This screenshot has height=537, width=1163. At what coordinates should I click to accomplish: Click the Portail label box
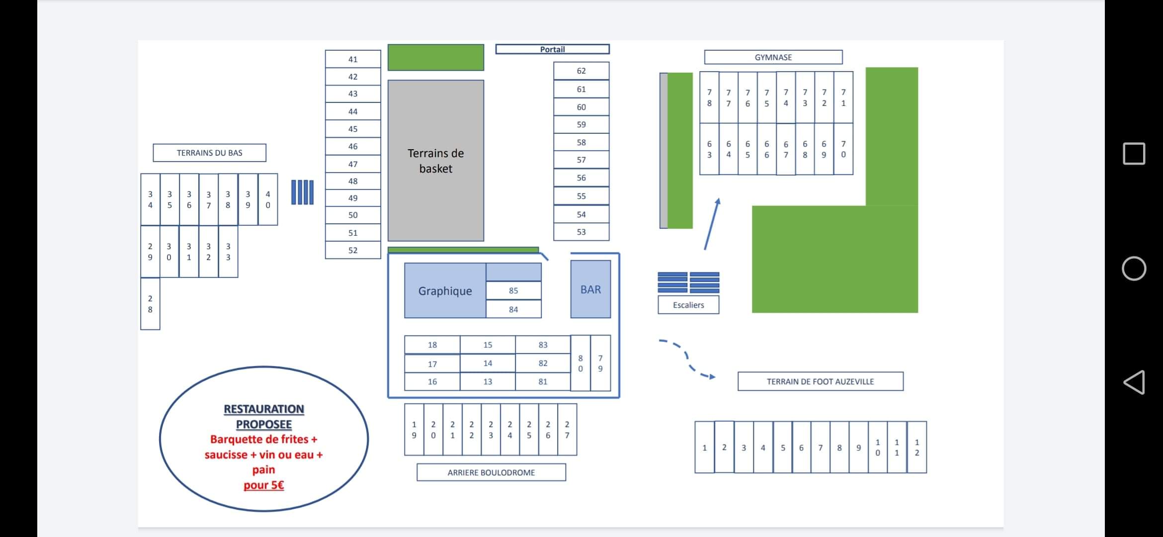pyautogui.click(x=552, y=49)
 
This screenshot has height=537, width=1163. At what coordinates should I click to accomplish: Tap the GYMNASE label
pyautogui.click(x=773, y=57)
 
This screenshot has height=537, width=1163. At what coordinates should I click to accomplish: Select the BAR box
pyautogui.click(x=590, y=289)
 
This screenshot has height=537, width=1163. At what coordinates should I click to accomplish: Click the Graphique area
pyautogui.click(x=445, y=291)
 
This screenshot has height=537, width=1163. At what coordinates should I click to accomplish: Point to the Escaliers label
pyautogui.click(x=688, y=305)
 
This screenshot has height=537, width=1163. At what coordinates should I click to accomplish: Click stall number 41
pyautogui.click(x=353, y=59)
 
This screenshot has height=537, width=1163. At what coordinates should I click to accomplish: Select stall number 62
pyautogui.click(x=581, y=71)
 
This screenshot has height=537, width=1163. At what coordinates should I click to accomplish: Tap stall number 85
pyautogui.click(x=513, y=290)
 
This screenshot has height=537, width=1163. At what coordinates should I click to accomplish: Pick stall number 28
pyautogui.click(x=150, y=304)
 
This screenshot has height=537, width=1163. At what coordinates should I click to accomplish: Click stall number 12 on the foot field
pyautogui.click(x=916, y=447)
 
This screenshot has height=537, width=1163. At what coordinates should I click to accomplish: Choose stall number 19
pyautogui.click(x=414, y=430)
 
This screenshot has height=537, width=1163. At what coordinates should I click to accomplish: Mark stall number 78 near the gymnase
pyautogui.click(x=709, y=97)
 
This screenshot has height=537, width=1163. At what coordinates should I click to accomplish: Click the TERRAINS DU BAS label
pyautogui.click(x=209, y=153)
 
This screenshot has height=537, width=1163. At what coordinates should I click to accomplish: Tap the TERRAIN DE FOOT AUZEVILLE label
pyautogui.click(x=820, y=381)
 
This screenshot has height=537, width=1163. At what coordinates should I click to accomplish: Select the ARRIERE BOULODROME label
pyautogui.click(x=491, y=472)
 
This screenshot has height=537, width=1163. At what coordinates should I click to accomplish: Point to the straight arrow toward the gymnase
pyautogui.click(x=712, y=224)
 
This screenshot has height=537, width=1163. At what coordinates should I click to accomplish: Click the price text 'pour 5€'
pyautogui.click(x=263, y=485)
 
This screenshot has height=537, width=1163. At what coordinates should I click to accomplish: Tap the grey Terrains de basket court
pyautogui.click(x=435, y=161)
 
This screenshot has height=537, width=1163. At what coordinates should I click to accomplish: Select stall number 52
pyautogui.click(x=353, y=250)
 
